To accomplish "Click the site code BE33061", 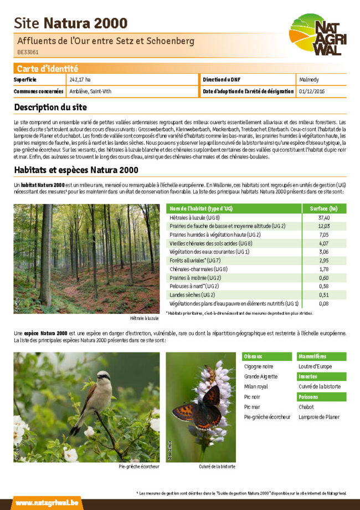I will tap(28, 53).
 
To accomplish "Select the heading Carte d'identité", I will tap(47, 69).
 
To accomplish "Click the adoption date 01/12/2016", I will tap(311, 91).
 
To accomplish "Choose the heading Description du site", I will tap(50, 107).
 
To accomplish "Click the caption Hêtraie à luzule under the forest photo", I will tap(144, 319).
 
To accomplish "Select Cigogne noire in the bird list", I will tap(258, 366).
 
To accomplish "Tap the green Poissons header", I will tap(308, 397).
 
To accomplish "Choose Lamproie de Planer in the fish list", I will tap(318, 417).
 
